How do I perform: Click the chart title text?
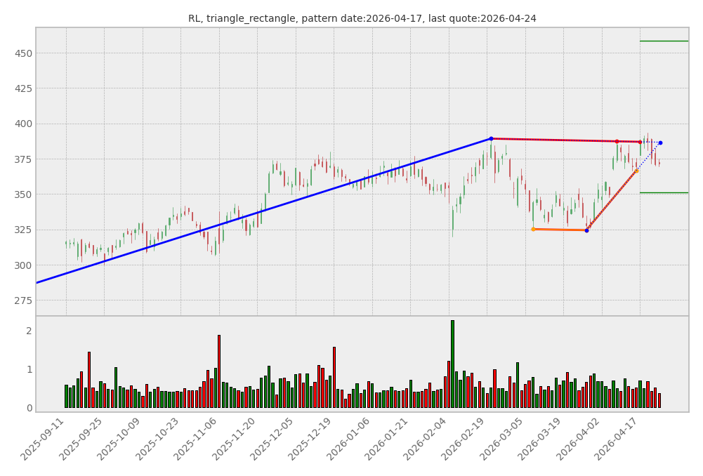(362, 19)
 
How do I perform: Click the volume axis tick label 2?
(29, 331)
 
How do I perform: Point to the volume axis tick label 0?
(29, 408)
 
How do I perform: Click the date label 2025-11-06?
(197, 439)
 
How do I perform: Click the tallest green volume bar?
(452, 364)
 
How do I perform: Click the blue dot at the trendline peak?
(491, 139)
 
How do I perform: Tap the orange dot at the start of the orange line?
(533, 229)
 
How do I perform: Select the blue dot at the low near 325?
(586, 230)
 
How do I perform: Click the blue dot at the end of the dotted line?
(660, 143)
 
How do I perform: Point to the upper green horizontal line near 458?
(664, 41)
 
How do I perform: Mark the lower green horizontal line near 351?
(664, 192)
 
